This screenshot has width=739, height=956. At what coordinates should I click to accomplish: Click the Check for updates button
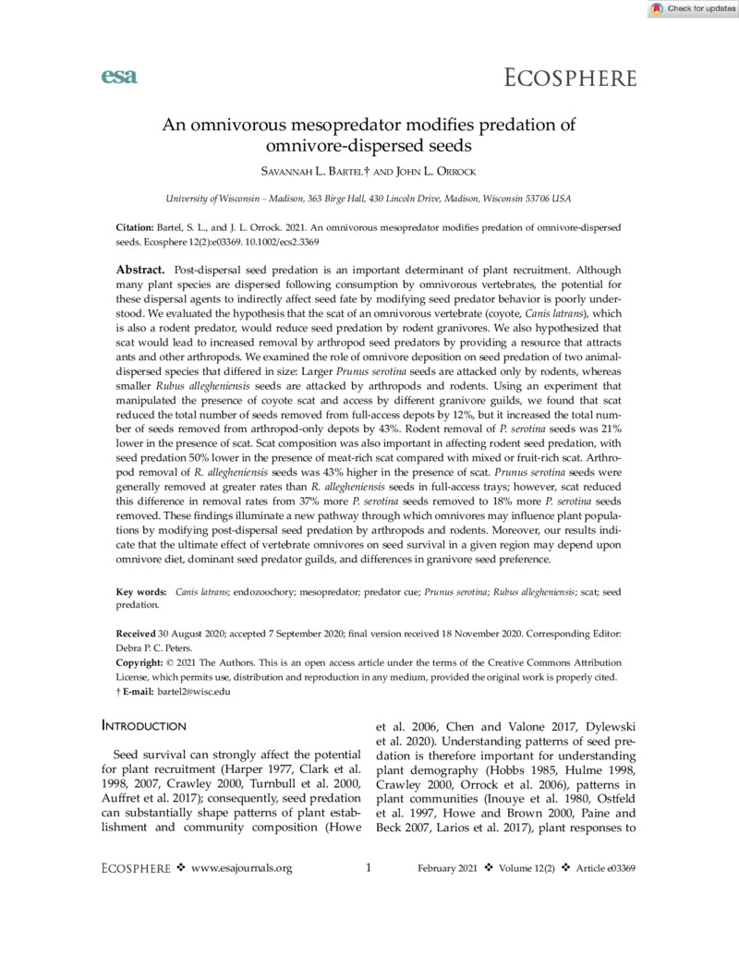[x=690, y=9]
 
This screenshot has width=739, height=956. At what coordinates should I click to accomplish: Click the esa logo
[x=118, y=77]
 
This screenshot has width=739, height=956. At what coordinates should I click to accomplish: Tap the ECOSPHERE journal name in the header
[x=570, y=78]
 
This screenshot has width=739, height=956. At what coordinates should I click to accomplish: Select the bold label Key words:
[x=141, y=592]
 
